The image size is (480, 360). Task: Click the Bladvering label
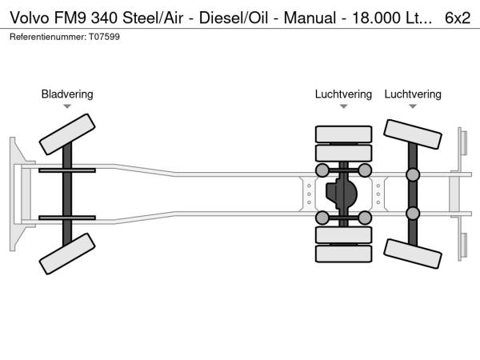(x=67, y=94)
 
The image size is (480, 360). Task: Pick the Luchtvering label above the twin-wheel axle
(x=343, y=94)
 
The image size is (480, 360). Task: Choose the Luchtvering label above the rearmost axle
(x=413, y=94)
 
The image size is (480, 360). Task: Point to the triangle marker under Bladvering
(x=67, y=106)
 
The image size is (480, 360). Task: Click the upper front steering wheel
(x=68, y=134)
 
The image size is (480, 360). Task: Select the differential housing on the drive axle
(x=342, y=194)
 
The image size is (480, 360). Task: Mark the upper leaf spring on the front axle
(x=67, y=171)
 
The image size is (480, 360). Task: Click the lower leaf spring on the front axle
(x=67, y=217)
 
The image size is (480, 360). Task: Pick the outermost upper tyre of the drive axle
(x=343, y=134)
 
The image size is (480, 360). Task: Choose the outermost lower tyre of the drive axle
(x=343, y=254)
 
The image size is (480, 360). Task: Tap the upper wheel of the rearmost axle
(x=413, y=135)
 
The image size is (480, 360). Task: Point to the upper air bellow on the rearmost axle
(x=413, y=175)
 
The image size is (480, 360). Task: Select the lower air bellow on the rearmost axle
(x=413, y=213)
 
